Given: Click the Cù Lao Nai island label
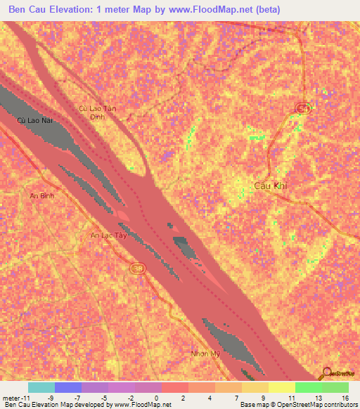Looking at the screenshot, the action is [34, 120].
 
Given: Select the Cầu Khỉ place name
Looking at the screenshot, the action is [271, 186].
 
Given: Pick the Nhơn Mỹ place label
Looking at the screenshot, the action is [206, 353].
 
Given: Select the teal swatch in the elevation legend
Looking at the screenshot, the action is [41, 387].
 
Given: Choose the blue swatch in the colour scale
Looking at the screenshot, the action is [68, 387].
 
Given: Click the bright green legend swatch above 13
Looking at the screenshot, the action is [308, 387].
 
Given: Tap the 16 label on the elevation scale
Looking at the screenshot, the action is [345, 397].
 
